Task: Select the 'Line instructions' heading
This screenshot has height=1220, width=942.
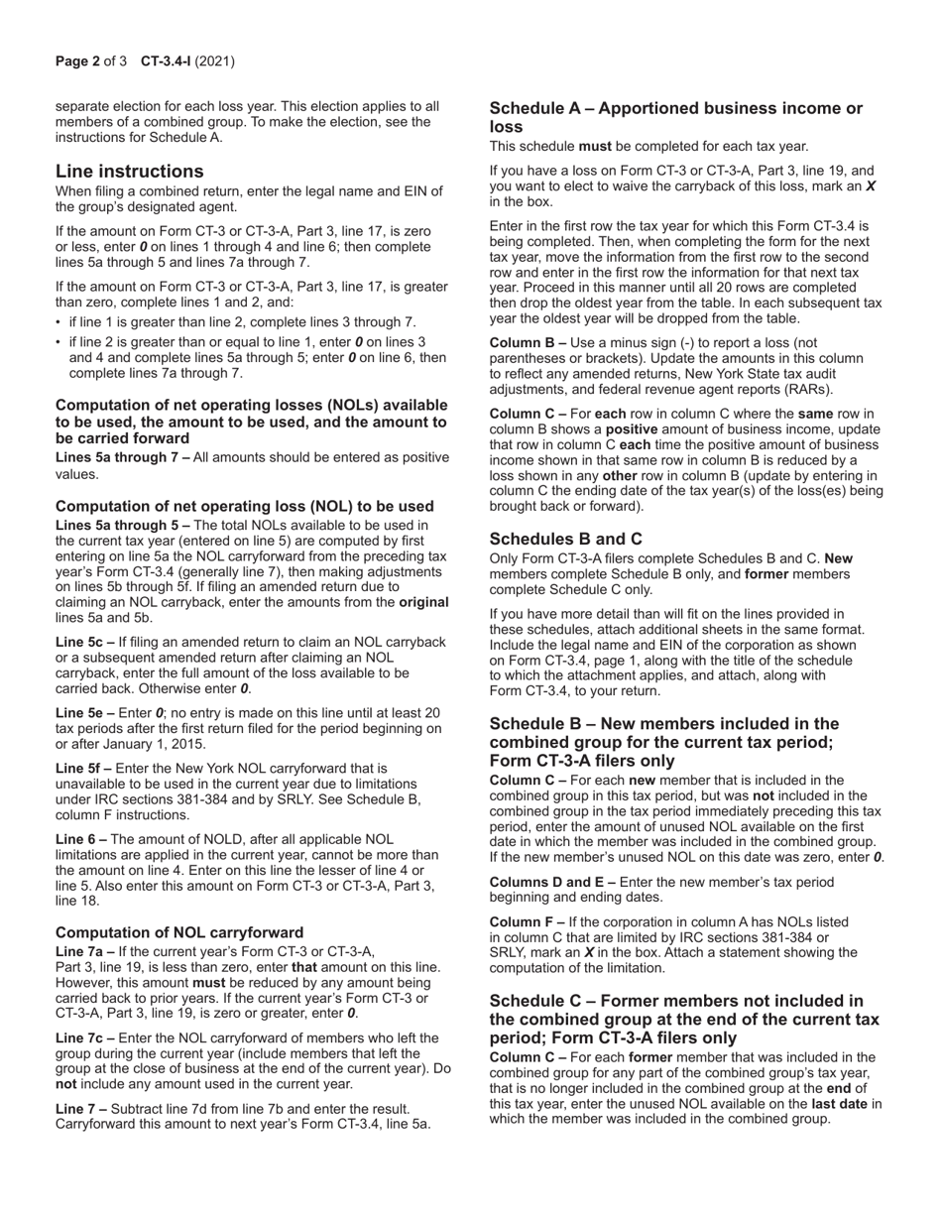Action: click(x=129, y=171)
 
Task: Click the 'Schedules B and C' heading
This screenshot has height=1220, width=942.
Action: click(x=565, y=539)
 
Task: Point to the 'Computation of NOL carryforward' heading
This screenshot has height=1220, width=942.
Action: click(x=179, y=932)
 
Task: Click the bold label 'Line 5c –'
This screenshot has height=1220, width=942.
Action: click(x=85, y=642)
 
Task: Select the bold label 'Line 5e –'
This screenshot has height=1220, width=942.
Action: click(x=85, y=713)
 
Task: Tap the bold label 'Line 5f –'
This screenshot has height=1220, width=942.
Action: click(x=84, y=768)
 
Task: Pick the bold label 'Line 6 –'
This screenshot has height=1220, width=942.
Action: click(x=81, y=839)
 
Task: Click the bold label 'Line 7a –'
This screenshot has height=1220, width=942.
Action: click(x=85, y=951)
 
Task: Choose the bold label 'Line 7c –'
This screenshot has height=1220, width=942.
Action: click(x=85, y=1038)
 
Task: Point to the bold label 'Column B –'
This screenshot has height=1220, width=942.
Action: click(x=527, y=342)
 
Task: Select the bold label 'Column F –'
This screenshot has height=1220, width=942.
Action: click(x=527, y=921)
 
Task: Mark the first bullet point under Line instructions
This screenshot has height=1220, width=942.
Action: click(x=59, y=321)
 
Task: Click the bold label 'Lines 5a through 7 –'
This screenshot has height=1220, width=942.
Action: click(x=123, y=457)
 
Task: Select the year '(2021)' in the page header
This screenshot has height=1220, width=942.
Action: click(x=214, y=61)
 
